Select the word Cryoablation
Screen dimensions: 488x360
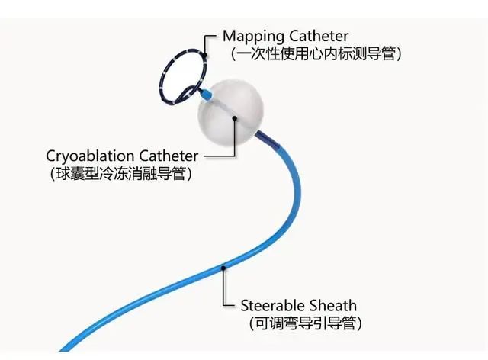(90, 156)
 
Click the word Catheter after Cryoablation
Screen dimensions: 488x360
(169, 156)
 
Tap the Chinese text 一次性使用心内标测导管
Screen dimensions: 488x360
(316, 54)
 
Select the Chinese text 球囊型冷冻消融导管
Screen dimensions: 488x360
(120, 173)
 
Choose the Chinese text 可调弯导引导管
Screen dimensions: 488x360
(305, 323)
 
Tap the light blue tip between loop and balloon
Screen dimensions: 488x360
(206, 93)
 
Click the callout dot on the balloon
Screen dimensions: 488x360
(235, 118)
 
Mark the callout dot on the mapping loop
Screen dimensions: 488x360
(204, 56)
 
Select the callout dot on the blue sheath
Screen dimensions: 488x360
(223, 268)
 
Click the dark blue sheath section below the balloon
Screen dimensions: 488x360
(268, 140)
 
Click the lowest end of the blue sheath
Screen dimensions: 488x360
(61, 350)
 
